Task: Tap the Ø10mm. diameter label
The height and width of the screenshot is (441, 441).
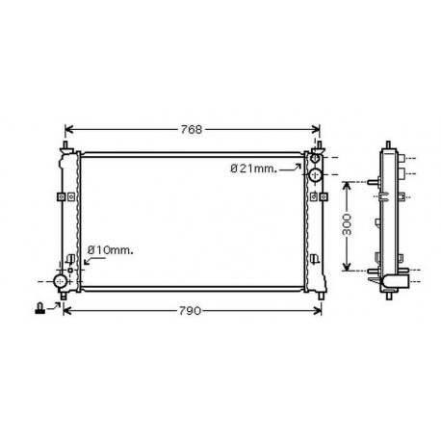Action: (x=110, y=251)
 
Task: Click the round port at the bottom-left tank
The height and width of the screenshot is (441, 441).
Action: (x=62, y=281)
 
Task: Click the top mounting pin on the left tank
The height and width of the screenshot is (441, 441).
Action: (x=65, y=146)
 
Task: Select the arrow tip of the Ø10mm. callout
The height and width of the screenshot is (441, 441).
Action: (x=84, y=269)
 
